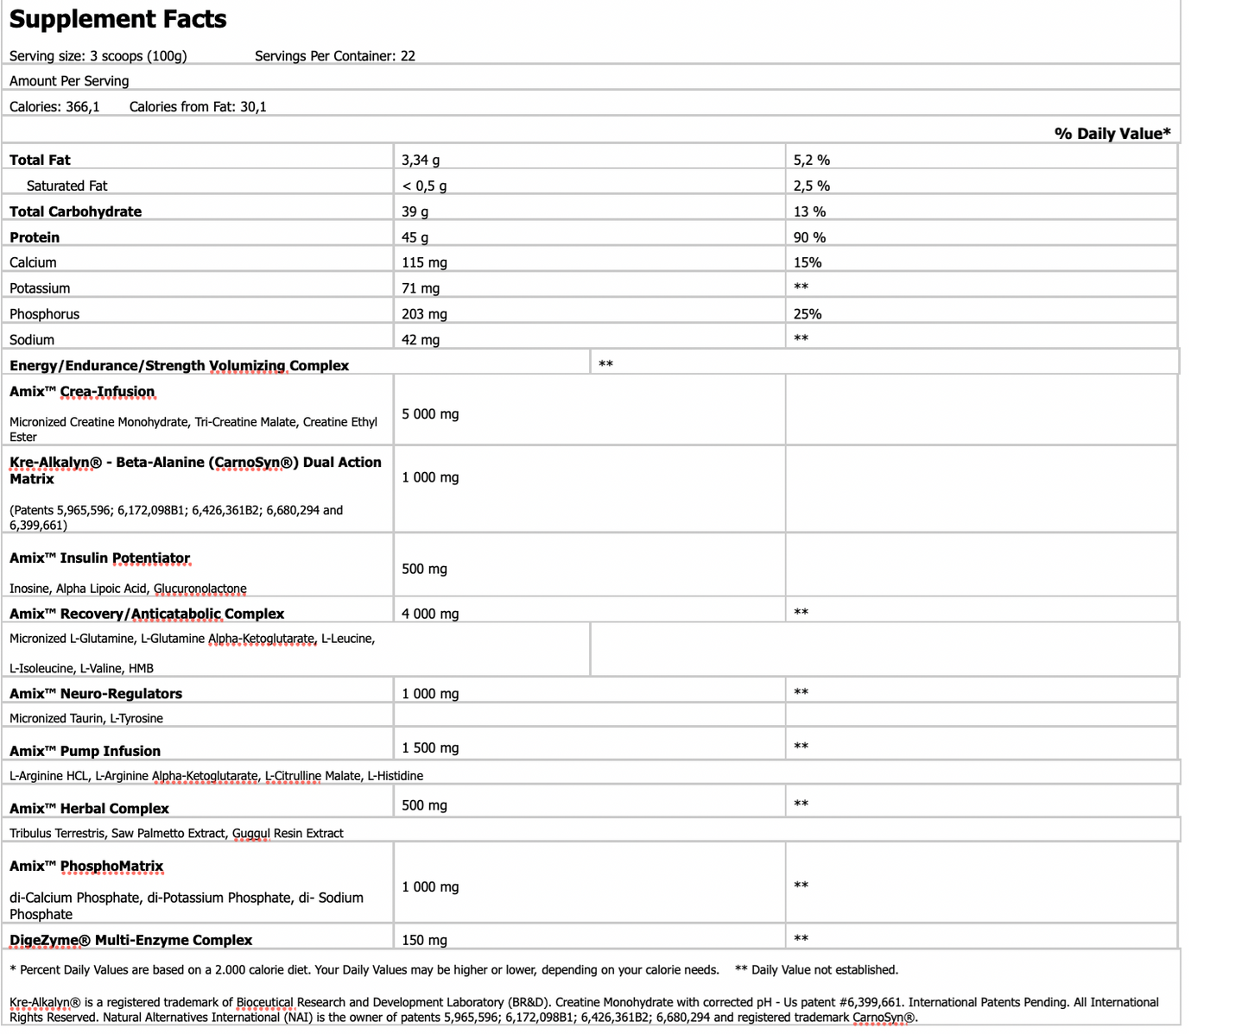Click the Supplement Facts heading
point(117,19)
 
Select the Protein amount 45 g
point(415,237)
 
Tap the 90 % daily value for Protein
point(809,237)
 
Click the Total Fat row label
point(40,160)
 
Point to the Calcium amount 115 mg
point(424,262)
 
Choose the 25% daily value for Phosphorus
point(808,314)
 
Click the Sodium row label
point(32,340)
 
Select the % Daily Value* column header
point(1112,133)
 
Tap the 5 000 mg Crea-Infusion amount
point(430,414)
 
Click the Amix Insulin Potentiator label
point(99,558)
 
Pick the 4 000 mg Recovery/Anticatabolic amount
point(430,615)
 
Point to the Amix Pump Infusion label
point(85,751)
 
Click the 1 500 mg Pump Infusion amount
point(430,748)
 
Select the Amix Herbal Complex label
point(89,809)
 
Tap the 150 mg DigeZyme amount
point(424,941)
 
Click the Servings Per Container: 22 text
point(334,56)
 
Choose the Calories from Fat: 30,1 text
point(198,107)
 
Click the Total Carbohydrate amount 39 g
point(415,211)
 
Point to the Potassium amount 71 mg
point(421,288)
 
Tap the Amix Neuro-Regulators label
point(95,694)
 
